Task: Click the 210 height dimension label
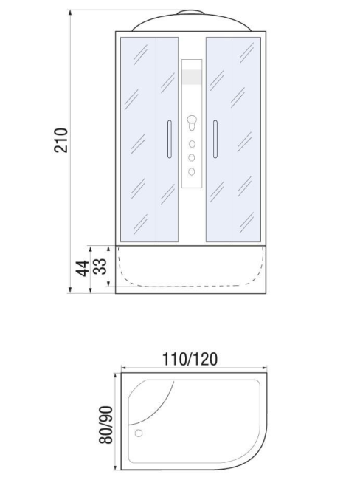point(60,140)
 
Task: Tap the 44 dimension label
point(82,269)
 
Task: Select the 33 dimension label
point(100,267)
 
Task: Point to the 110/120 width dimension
point(190,359)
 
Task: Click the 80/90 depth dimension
point(105,425)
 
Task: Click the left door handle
point(169,139)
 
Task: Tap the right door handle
point(215,139)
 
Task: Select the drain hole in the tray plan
point(139,433)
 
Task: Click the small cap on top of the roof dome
point(190,12)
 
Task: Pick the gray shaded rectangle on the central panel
point(192,77)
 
